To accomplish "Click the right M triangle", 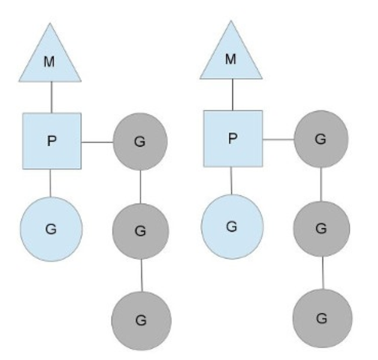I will pos(231,58).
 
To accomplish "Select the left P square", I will pos(52,141).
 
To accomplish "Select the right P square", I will pos(233,138).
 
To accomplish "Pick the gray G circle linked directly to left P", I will pos(140,142).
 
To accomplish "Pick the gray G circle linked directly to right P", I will pos(320,139).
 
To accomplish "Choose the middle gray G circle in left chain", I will pos(140,231).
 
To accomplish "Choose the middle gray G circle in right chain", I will pos(321,229).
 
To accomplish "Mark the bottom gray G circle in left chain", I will pos(142,320).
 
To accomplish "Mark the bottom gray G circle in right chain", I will pos(322,317).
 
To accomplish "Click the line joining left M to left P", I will pos(52,97).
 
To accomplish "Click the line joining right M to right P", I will pos(231,94).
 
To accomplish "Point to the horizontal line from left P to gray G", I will pos(96,142).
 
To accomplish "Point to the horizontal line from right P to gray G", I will pos(277,139).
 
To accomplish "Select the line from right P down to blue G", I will pos(232,180).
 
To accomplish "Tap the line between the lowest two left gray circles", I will pos(141,275).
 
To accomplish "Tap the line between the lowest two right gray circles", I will pos(322,273).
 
